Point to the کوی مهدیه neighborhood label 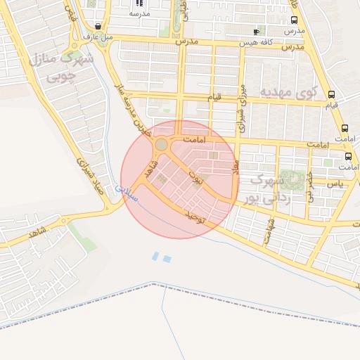[x=288, y=92]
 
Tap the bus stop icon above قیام [x=331, y=94]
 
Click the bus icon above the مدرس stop [x=294, y=20]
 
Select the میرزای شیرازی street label [x=242, y=108]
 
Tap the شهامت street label [x=269, y=230]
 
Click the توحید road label [x=193, y=217]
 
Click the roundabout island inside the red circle [x=162, y=144]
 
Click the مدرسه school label [x=141, y=13]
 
